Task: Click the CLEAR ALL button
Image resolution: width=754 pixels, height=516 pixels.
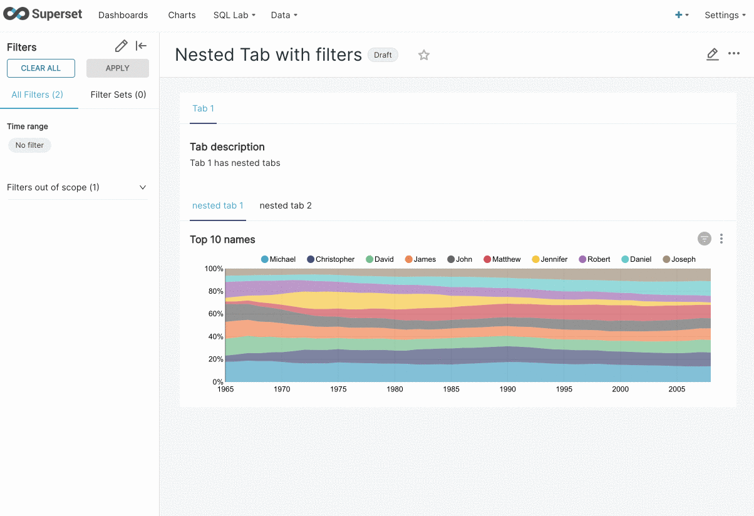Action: pyautogui.click(x=41, y=68)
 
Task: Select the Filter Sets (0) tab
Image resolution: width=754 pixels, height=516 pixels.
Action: pyautogui.click(x=118, y=95)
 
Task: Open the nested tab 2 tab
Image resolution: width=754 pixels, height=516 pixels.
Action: pyautogui.click(x=286, y=205)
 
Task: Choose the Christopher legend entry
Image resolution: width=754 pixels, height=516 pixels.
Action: pyautogui.click(x=331, y=259)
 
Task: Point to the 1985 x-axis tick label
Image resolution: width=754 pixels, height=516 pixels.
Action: pyautogui.click(x=451, y=389)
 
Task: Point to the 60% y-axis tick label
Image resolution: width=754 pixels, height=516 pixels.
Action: pyautogui.click(x=214, y=314)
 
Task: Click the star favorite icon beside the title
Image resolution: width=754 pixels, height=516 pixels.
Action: pyautogui.click(x=424, y=55)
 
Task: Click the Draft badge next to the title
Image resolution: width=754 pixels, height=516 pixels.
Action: pyautogui.click(x=383, y=55)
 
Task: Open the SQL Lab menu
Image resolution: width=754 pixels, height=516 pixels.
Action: pyautogui.click(x=234, y=15)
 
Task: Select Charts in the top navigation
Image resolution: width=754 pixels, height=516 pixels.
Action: pyautogui.click(x=182, y=15)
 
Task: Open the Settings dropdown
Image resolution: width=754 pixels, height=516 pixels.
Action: pyautogui.click(x=725, y=15)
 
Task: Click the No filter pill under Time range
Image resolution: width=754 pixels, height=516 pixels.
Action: pyautogui.click(x=30, y=145)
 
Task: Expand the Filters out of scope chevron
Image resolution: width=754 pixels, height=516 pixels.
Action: pyautogui.click(x=142, y=187)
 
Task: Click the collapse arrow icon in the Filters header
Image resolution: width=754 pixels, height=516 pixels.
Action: pyautogui.click(x=141, y=46)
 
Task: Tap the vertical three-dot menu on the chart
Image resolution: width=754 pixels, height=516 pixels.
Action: pyautogui.click(x=721, y=239)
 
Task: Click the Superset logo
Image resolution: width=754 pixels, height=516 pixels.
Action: pyautogui.click(x=43, y=14)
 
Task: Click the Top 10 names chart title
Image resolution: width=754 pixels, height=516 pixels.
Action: pyautogui.click(x=222, y=239)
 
